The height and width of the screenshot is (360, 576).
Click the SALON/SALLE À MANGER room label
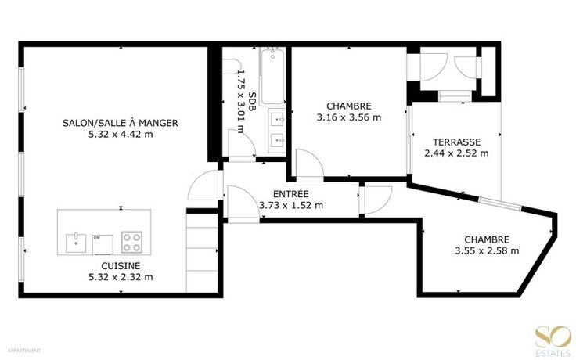120,123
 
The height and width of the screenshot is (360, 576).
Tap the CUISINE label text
121,265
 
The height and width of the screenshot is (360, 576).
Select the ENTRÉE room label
291,193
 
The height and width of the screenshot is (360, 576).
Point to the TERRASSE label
456,142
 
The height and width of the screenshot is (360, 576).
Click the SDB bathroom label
253,102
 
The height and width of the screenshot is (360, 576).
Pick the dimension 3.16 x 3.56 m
349,117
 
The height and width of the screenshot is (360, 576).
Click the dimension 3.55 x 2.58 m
487,251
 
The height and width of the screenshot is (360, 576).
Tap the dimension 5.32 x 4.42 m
121,135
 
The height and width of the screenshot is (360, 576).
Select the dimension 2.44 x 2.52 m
456,153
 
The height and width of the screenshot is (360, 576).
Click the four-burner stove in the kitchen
131,242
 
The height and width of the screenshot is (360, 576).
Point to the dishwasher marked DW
103,244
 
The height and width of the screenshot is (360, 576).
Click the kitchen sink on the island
76,243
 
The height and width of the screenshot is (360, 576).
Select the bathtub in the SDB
272,76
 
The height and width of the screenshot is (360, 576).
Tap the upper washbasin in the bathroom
276,120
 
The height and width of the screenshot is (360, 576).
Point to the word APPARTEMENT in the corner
24,351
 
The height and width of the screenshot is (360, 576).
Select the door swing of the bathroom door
242,143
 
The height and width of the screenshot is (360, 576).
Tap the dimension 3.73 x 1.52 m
291,205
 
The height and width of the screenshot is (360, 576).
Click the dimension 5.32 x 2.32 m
121,277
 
